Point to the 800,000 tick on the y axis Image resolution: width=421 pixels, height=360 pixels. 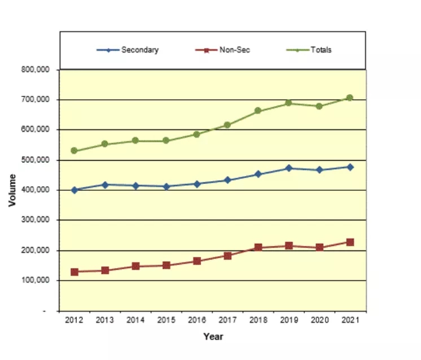click(38, 70)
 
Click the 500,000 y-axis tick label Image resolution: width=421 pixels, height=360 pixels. click(38, 160)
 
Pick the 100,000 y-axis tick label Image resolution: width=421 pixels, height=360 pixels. click(38, 280)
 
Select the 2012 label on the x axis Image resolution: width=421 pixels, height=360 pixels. click(74, 319)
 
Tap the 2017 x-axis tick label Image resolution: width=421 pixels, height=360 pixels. click(227, 319)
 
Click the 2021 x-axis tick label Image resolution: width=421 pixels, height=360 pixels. click(350, 319)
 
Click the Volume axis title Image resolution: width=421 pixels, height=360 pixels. click(12, 190)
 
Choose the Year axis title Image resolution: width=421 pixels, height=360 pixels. click(213, 337)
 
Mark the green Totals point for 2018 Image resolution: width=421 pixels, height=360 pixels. click(258, 111)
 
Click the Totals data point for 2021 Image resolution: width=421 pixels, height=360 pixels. click(350, 98)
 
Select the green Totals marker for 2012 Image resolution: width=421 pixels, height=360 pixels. click(74, 151)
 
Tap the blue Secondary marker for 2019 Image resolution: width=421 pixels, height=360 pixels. click(288, 168)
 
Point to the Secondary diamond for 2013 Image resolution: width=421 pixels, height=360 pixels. click(104, 185)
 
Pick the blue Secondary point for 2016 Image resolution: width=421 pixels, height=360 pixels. click(196, 184)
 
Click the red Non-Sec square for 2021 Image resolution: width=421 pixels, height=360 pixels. click(350, 242)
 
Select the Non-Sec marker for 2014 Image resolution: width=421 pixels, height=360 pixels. click(135, 266)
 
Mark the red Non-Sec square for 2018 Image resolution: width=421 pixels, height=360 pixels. click(258, 247)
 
